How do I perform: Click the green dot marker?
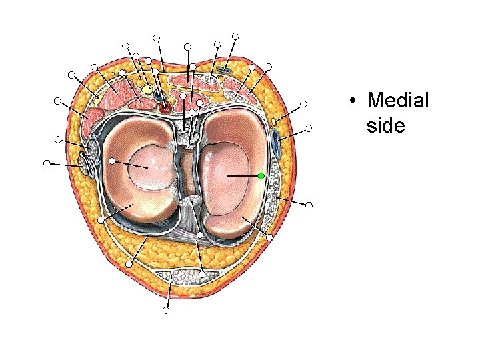pyautogui.click(x=261, y=175)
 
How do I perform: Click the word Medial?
pyautogui.click(x=398, y=101)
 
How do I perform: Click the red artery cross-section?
pyautogui.click(x=164, y=106)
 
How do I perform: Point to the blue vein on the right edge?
pyautogui.click(x=275, y=141)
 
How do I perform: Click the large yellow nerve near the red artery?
pyautogui.click(x=147, y=89)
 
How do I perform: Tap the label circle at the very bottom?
pyautogui.click(x=166, y=310)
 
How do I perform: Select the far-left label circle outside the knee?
pyautogui.click(x=46, y=163)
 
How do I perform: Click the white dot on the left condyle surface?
pyautogui.click(x=113, y=161)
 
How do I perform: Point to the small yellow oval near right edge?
pyautogui.click(x=275, y=122)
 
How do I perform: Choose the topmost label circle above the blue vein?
pyautogui.click(x=235, y=35)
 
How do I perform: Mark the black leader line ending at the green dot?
pyautogui.click(x=243, y=175)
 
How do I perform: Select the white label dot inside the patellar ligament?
pyautogui.click(x=202, y=273)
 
